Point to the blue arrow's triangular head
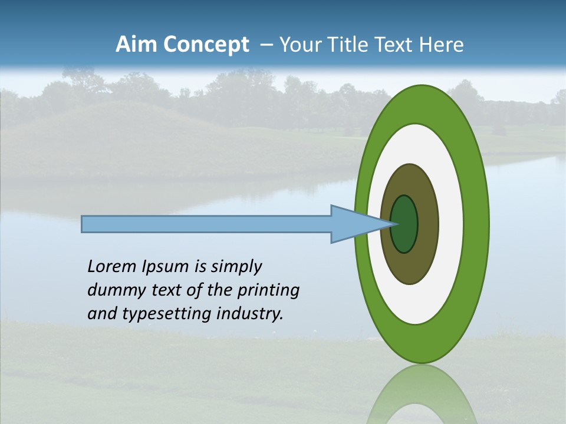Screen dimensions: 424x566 click(354, 224)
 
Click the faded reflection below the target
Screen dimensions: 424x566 click(422, 395)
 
